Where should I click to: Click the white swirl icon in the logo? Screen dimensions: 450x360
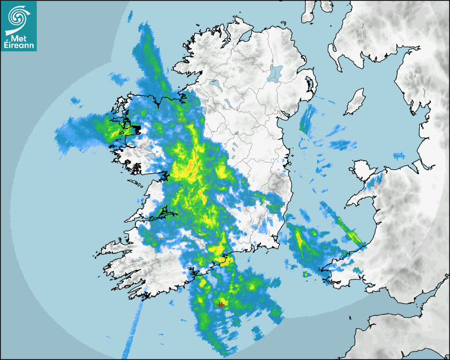[18, 16]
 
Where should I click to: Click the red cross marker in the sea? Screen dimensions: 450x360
[220, 305]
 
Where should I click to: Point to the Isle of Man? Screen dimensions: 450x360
[355, 102]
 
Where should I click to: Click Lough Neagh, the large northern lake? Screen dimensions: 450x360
[275, 73]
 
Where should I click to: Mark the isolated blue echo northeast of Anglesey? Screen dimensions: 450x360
[398, 155]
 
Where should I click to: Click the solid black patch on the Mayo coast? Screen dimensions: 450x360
[136, 129]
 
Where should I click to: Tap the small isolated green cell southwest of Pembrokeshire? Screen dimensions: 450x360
[306, 274]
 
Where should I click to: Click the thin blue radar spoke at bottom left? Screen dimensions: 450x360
[130, 334]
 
